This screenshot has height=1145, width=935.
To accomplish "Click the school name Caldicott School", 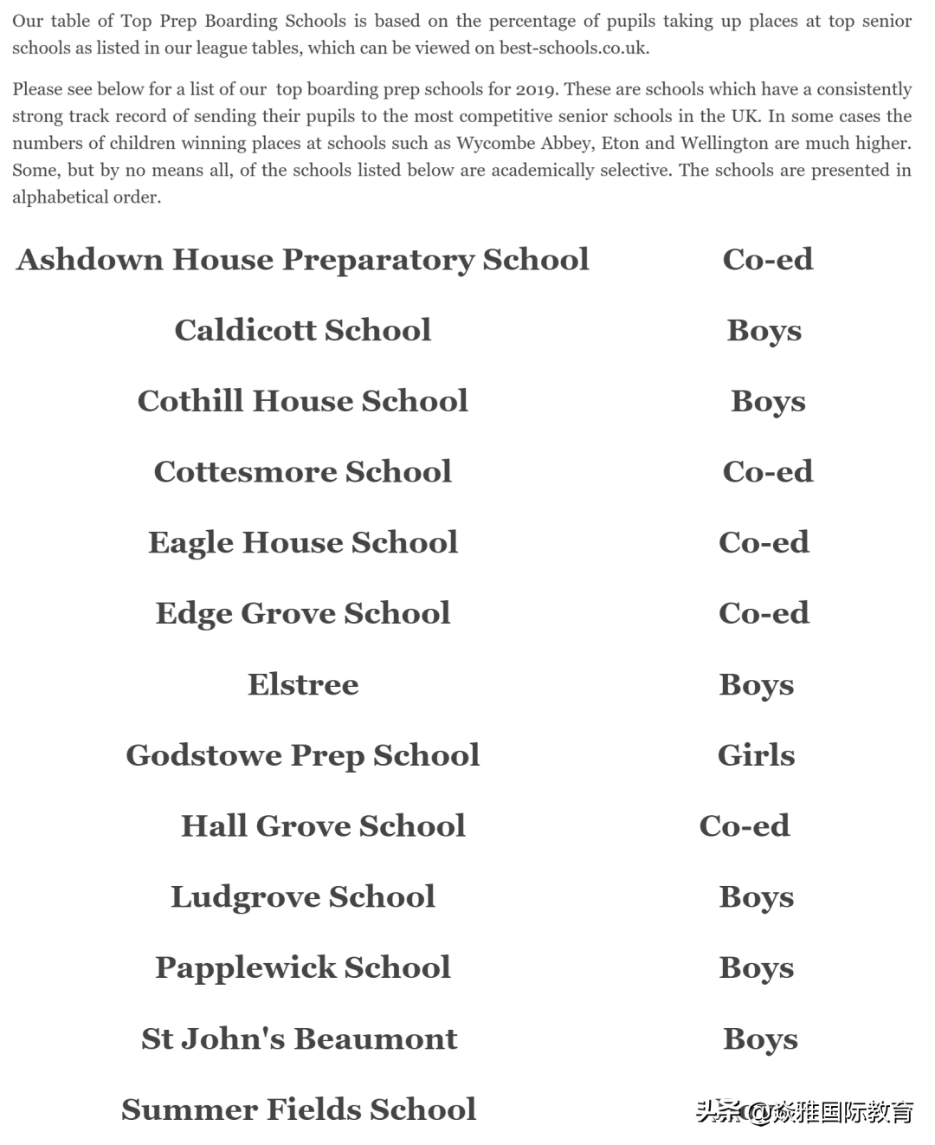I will pos(302,330).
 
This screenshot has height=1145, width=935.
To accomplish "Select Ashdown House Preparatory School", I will pos(302,260).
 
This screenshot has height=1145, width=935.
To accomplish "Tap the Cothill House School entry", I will pos(302,401).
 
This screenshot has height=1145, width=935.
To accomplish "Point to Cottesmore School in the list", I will pos(302,472).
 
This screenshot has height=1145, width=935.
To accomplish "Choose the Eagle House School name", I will pos(302,543).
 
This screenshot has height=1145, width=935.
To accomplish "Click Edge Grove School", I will pos(302,613).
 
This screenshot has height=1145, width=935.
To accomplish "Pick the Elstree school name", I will pos(302,684).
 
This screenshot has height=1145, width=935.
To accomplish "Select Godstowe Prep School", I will pos(302,755).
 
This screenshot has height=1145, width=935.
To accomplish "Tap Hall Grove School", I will pos(322,826).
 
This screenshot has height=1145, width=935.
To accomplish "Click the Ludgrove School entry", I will pos(302,896).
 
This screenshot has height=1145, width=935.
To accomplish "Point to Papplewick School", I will pos(302,967).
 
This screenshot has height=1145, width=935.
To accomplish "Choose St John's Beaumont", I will pos(299,1038).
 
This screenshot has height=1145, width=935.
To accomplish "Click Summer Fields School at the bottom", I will pos(299,1109).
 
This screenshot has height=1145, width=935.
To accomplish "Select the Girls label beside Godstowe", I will pos(756,755).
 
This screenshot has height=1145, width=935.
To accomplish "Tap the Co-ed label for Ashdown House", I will pos(767,260).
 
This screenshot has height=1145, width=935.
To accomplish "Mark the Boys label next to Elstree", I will pos(756,684).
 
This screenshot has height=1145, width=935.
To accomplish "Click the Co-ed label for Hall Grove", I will pos(744,826).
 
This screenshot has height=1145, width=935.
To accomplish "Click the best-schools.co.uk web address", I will pos(573,49).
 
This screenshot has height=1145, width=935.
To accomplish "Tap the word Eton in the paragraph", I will pos(621,144).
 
